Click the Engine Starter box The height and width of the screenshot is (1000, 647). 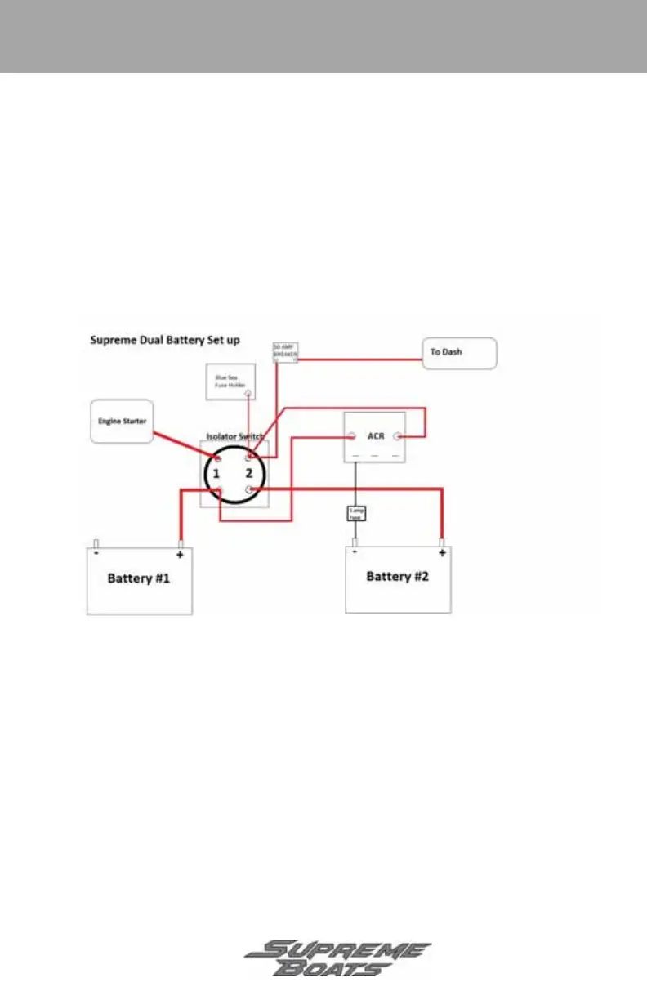121,422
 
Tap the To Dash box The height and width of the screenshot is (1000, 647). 459,354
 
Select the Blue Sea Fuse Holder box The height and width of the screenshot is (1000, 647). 232,382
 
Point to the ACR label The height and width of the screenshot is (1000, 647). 376,435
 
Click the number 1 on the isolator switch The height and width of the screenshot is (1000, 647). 216,474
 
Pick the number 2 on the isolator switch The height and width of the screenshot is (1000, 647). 250,474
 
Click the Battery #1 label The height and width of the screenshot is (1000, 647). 139,578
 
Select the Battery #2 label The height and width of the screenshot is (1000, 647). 397,576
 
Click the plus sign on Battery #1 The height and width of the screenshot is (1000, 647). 180,554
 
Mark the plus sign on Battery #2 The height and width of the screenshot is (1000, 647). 442,553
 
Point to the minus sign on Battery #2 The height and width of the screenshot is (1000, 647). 354,552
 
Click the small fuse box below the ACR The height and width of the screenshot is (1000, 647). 356,513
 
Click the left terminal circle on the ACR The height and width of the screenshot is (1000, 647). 350,436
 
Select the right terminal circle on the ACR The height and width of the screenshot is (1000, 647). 399,436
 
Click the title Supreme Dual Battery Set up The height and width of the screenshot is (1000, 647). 164,340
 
